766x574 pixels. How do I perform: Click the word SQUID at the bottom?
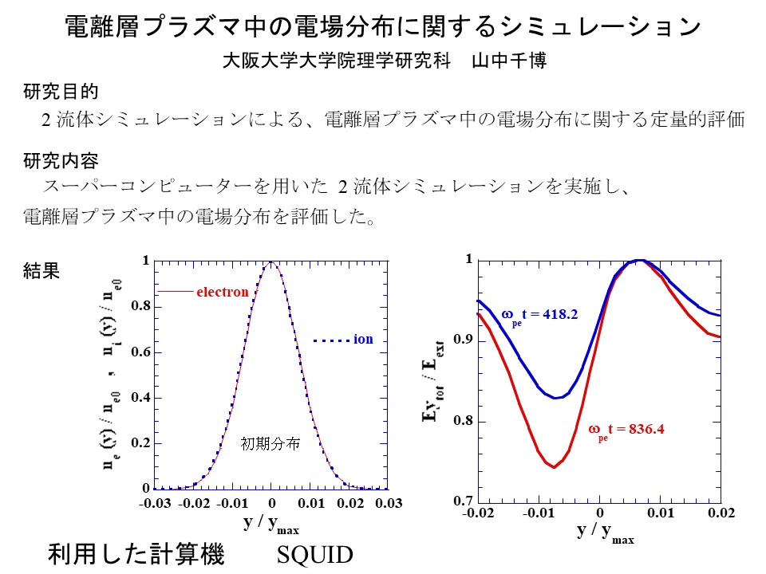[x=314, y=554]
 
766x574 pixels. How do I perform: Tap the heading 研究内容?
[x=61, y=162]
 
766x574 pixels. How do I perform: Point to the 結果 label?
[x=41, y=271]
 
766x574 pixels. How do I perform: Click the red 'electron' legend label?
[x=223, y=292]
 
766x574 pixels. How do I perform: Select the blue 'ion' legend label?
[x=363, y=340]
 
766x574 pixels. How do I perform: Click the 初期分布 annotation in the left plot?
[x=270, y=444]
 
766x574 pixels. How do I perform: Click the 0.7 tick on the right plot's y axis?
[x=463, y=501]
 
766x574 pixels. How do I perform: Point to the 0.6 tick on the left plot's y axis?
[x=140, y=352]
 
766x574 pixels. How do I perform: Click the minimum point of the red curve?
[x=553, y=466]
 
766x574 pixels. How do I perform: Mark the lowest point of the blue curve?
[x=556, y=397]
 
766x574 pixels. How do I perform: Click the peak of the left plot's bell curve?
[x=272, y=262]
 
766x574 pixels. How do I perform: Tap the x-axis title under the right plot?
[x=605, y=533]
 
